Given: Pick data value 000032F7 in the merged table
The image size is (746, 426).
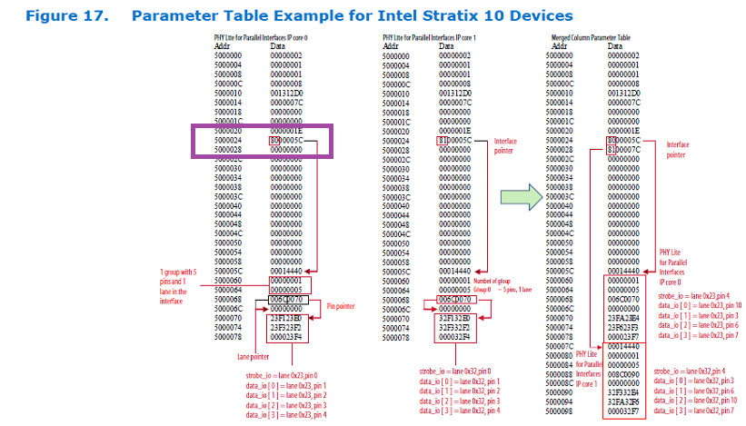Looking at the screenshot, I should click(623, 411).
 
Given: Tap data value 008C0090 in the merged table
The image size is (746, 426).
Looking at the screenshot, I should click(623, 373).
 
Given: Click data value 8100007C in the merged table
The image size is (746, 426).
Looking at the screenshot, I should click(623, 150).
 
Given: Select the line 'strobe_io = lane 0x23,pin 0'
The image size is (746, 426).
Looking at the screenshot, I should click(283, 374).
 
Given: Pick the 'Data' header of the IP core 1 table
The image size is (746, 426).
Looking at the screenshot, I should click(451, 45).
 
